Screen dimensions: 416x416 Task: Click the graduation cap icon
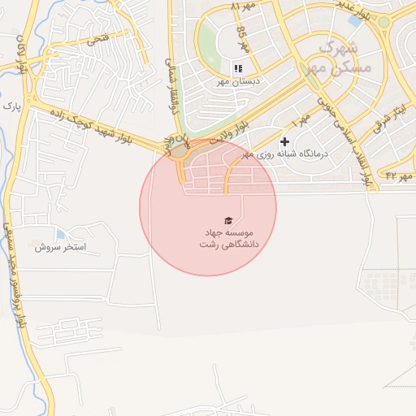coord(227,219)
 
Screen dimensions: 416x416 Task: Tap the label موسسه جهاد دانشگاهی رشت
coord(228,237)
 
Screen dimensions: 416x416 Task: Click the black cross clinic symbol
coord(284,141)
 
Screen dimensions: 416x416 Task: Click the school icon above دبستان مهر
coord(239,67)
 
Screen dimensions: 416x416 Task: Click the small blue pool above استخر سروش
coord(61,234)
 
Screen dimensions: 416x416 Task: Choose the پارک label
coord(11,106)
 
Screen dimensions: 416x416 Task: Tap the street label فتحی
coord(96,37)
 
